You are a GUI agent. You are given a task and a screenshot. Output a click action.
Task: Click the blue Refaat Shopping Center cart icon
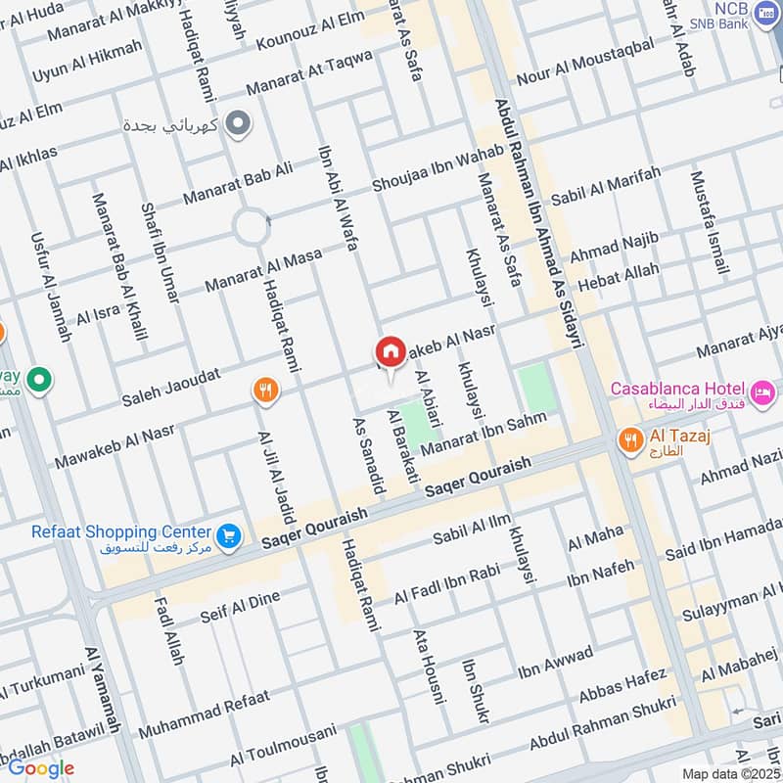pyautogui.click(x=229, y=535)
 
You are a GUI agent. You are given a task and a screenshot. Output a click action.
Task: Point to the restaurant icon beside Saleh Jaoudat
pyautogui.click(x=263, y=391)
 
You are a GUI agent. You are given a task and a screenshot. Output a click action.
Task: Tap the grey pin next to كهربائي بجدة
pyautogui.click(x=236, y=124)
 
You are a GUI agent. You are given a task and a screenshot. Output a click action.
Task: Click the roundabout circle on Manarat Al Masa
pyautogui.click(x=251, y=228)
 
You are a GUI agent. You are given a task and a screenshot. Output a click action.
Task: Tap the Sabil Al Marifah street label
pyautogui.click(x=605, y=186)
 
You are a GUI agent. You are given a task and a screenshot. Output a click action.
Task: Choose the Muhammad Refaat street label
pyautogui.click(x=204, y=714)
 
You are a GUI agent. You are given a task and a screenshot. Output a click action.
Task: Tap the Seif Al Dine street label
pyautogui.click(x=240, y=608)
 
